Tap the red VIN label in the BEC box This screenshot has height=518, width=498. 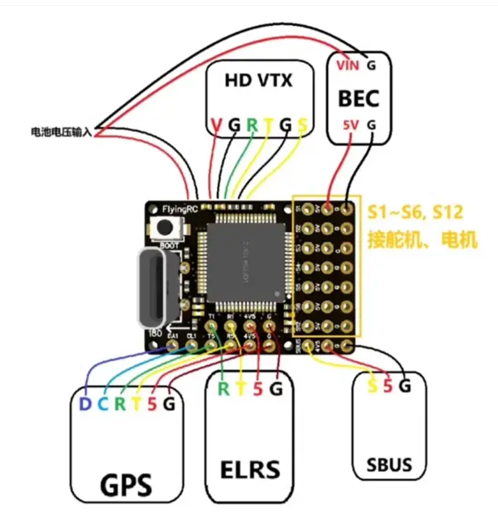coord(347,65)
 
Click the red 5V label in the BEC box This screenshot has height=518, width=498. coord(351,125)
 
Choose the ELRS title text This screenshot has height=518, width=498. coord(250,469)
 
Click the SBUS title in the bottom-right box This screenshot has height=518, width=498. coord(389,465)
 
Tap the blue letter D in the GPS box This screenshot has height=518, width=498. coord(85,405)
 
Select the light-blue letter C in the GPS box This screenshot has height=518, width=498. coord(103,405)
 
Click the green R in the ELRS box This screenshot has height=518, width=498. coord(223,389)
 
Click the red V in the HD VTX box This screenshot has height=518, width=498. coord(216,125)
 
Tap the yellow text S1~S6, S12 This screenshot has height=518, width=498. coord(414,212)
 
